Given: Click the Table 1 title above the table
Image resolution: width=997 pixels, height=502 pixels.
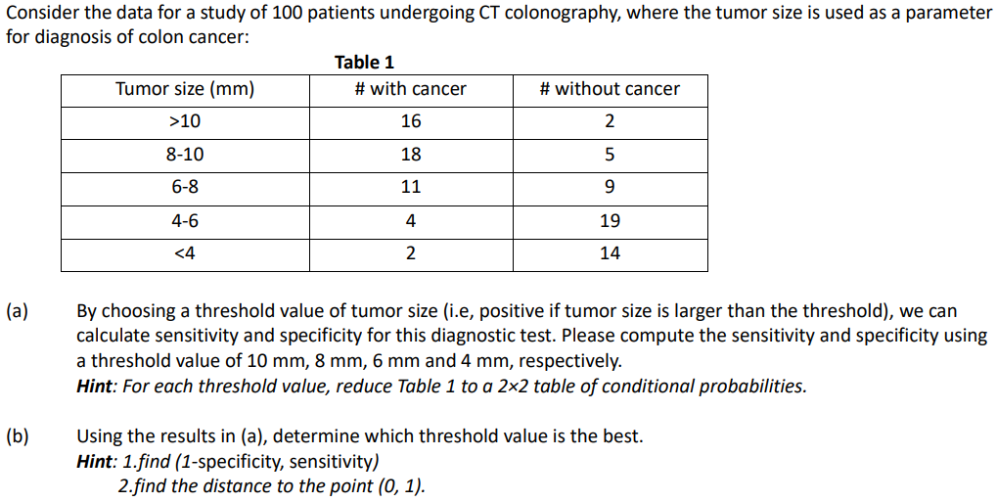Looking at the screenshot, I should tap(364, 63).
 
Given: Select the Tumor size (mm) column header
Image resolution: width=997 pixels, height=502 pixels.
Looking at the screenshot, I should tap(185, 89).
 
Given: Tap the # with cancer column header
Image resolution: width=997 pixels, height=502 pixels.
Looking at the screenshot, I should tap(410, 89).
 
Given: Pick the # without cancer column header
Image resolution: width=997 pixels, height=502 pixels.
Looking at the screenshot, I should tap(609, 89).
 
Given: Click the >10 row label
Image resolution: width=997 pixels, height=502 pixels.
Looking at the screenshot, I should tap(185, 121).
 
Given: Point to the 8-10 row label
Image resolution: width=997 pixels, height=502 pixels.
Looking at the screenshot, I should tap(185, 155).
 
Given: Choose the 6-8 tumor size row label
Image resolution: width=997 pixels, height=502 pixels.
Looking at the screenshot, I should tap(185, 187).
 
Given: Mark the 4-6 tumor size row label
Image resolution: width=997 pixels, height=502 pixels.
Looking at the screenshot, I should tap(185, 220).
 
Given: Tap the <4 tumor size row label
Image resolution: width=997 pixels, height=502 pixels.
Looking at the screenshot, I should tap(185, 253).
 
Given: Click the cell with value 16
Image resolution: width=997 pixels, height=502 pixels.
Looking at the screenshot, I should tap(411, 121).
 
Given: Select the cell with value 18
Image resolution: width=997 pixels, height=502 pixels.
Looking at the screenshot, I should tap(411, 155).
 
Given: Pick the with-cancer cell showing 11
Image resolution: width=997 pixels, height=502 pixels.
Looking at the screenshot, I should tap(411, 187).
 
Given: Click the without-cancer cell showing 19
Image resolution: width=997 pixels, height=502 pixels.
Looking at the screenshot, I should tap(610, 220).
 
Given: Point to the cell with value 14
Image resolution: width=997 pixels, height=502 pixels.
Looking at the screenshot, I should tap(610, 253).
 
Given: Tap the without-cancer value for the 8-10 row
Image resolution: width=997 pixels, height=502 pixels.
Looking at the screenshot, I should tap(610, 155).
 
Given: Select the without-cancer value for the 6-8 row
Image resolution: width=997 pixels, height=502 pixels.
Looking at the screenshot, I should tap(610, 187).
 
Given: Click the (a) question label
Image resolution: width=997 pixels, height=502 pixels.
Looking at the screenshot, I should tap(17, 312).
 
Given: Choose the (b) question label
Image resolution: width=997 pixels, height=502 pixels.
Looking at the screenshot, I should tap(17, 435).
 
